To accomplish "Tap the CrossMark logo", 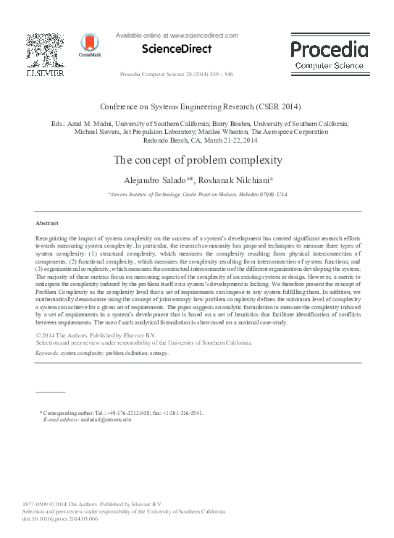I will tap(90, 46).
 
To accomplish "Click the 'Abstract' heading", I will tap(47, 223).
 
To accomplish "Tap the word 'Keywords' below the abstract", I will tap(47, 353).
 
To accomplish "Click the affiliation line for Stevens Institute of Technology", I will tap(197, 195).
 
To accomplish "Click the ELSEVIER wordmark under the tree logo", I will tap(45, 73).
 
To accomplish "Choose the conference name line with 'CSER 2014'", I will tap(198, 106).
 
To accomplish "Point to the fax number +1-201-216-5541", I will tap(183, 413).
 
